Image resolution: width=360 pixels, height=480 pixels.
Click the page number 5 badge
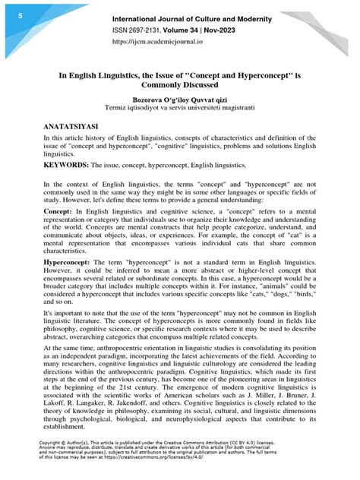point(9,14)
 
